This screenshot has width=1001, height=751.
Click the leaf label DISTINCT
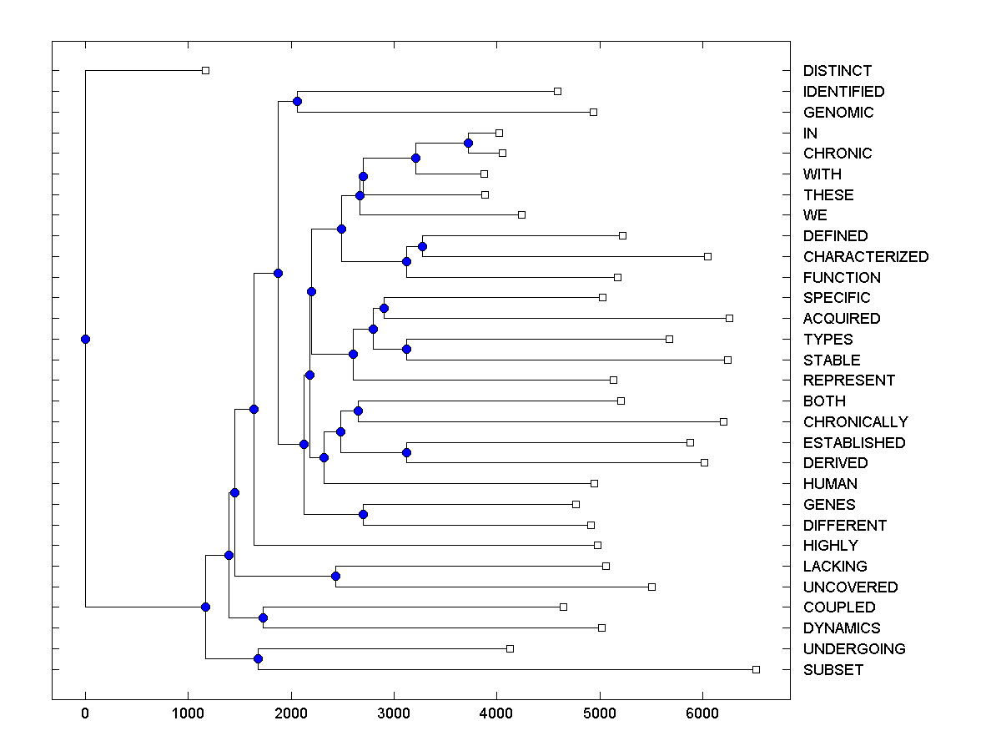tap(838, 71)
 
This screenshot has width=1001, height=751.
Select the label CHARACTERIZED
tap(866, 257)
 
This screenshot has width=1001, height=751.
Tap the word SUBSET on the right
tap(833, 670)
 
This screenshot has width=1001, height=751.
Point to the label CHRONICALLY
tap(856, 422)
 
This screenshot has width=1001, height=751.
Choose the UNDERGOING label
tap(854, 649)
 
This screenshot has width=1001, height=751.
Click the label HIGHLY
tap(830, 546)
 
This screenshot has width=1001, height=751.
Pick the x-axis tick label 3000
tap(394, 712)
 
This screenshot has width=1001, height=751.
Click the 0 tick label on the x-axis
tap(85, 712)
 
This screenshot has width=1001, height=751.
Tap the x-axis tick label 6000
tap(702, 712)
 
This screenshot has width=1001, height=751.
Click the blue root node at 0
tap(85, 339)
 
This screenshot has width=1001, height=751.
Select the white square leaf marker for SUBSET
tap(756, 669)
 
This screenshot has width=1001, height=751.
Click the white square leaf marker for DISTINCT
tap(205, 71)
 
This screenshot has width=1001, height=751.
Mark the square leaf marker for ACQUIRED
tap(729, 318)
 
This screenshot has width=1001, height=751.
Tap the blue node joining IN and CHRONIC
tap(468, 143)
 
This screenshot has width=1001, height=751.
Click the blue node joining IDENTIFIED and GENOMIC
tap(297, 101)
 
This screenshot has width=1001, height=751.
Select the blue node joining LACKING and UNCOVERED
tap(335, 576)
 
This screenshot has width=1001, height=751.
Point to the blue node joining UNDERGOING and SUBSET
tap(258, 659)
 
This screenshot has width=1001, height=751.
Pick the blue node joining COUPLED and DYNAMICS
tap(263, 617)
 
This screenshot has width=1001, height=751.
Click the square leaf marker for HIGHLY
tap(597, 545)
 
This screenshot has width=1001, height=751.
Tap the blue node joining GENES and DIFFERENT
tap(363, 515)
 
